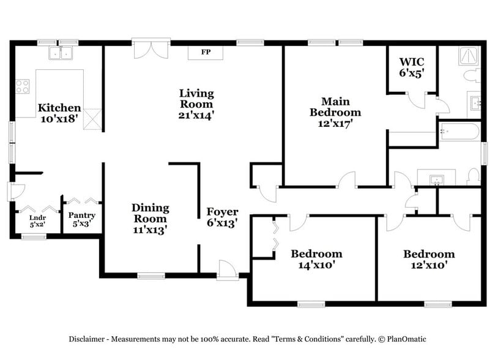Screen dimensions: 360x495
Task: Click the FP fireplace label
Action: coord(206,53)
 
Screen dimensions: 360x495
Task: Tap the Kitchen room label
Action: coord(59,113)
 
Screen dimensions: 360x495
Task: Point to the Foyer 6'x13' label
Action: coord(221,217)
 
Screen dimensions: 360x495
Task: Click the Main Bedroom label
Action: coord(335,112)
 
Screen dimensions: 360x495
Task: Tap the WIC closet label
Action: coord(412,67)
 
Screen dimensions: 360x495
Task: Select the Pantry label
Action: coord(81,219)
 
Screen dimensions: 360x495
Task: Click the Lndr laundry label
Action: coord(38,220)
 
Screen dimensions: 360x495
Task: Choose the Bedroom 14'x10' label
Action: coord(316,259)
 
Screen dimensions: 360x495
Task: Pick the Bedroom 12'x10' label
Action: coord(428,259)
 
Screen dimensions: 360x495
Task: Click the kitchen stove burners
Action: coord(23,86)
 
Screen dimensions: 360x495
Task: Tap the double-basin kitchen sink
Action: coord(61,54)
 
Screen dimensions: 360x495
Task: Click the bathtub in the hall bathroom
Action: coord(460,133)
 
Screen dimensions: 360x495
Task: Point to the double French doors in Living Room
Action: coord(149,50)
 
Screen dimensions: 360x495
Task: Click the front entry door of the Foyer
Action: coord(227,269)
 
